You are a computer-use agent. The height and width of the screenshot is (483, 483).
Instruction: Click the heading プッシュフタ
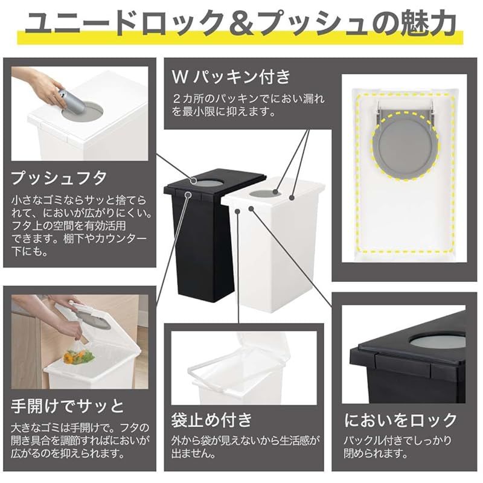[x=59, y=178]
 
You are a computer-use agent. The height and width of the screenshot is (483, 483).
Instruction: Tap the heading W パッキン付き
[x=231, y=77]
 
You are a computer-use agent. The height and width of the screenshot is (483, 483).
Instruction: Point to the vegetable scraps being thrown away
[x=79, y=356]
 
